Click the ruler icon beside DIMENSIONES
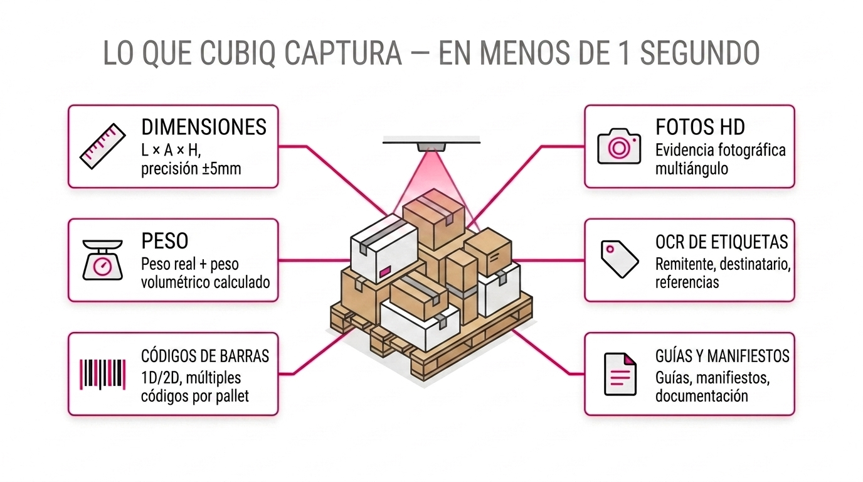[103, 146]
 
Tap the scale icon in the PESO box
[103, 260]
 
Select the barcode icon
[103, 374]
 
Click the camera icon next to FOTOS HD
[619, 146]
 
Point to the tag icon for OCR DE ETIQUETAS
[620, 259]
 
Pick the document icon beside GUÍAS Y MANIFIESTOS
[620, 374]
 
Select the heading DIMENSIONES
[204, 127]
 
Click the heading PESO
[165, 241]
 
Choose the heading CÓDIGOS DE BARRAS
[205, 356]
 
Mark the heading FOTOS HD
[700, 127]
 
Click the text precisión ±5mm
[191, 169]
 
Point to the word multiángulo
[692, 169]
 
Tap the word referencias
[687, 282]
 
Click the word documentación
[702, 396]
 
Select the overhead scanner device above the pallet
[431, 146]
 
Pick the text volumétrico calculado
[206, 282]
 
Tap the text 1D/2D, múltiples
[191, 378]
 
